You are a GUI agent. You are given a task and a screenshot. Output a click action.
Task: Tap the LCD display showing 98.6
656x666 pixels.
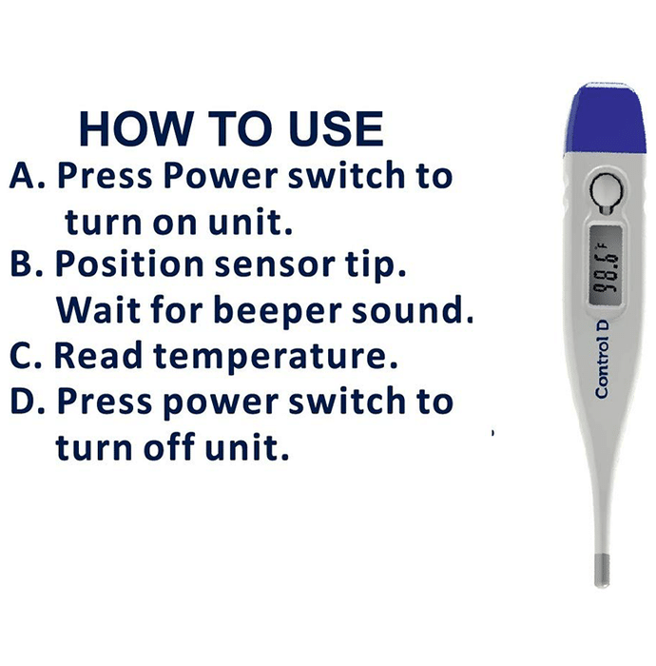click(606, 264)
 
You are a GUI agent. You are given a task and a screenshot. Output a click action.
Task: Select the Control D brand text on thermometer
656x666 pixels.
click(602, 359)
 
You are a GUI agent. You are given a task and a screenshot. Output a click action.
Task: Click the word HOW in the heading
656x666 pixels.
click(135, 128)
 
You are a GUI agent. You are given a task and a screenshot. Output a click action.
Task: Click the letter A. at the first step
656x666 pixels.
click(28, 175)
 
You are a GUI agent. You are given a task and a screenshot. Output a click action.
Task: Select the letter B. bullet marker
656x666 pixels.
click(27, 264)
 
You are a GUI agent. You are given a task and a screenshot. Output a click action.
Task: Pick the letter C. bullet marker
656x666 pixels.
click(26, 355)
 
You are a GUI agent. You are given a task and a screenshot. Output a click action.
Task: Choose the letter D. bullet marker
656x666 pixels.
click(28, 401)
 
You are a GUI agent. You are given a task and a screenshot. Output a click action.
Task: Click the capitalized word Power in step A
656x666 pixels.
click(221, 175)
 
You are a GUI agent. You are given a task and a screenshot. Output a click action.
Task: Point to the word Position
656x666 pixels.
click(129, 264)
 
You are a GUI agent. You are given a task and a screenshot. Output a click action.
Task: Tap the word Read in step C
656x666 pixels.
click(98, 355)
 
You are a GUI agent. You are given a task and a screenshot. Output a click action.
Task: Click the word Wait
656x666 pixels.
click(98, 308)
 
